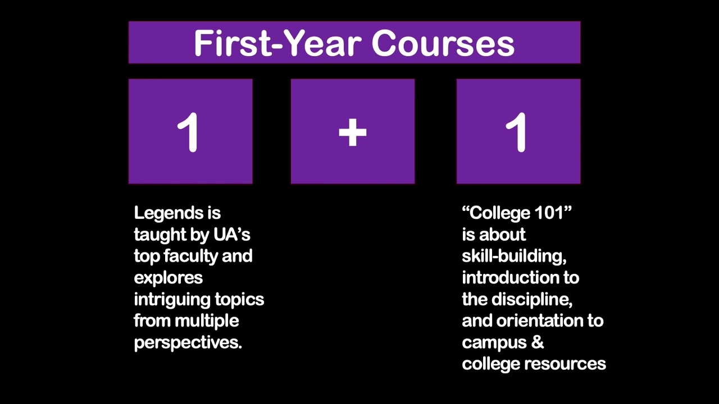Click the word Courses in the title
coord(443,44)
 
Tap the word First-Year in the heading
coord(279,44)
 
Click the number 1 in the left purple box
coord(189,133)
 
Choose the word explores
coord(168,278)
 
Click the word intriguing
coord(166,300)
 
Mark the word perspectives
coord(188,343)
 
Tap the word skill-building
coord(513,256)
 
